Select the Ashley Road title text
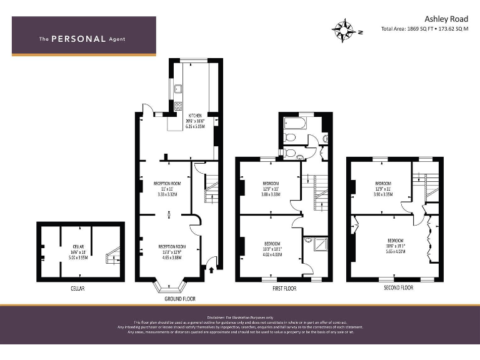[x=446, y=19]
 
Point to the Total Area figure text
[x=424, y=29]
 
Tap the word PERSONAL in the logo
[x=77, y=39]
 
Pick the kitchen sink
[x=177, y=88]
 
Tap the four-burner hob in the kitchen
[x=177, y=106]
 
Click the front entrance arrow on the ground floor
[x=211, y=269]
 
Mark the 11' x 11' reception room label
[x=167, y=189]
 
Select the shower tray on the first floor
[x=311, y=243]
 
